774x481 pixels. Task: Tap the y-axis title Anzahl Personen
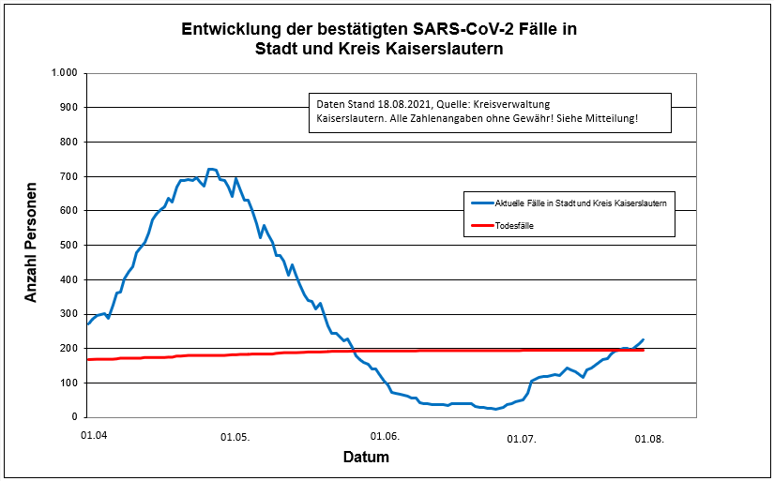31,242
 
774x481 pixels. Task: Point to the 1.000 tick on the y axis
65,73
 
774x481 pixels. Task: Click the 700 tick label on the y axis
68,176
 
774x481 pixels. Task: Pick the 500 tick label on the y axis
68,246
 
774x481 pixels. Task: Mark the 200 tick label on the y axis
68,349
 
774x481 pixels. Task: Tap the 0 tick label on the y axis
74,417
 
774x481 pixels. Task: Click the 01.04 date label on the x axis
93,436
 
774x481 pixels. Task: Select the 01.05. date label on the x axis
235,437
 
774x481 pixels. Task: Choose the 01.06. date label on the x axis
385,437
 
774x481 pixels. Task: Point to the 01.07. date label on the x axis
522,437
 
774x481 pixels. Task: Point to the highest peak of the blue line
211,170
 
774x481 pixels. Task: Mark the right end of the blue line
644,339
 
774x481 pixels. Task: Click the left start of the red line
88,359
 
